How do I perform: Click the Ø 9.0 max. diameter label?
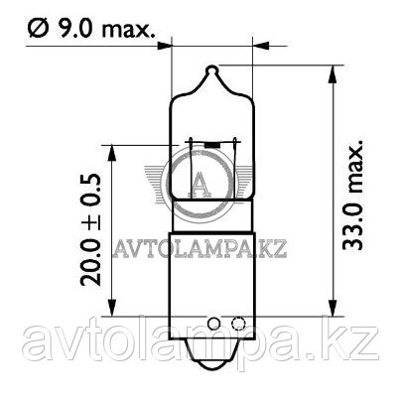coord(91,29)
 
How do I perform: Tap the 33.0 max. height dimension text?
coord(352,195)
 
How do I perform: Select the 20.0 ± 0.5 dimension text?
coord(90,229)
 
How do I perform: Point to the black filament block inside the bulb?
coord(212,145)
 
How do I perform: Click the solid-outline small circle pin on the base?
coord(213,323)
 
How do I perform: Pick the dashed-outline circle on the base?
coord(238,323)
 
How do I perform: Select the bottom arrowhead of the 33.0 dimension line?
coord(333,308)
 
